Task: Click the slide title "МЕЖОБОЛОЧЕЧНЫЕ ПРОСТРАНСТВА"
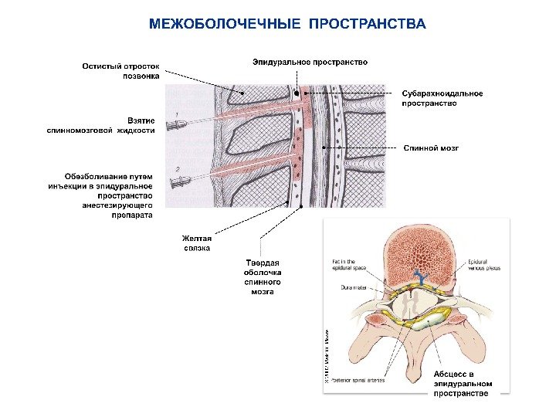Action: pyautogui.click(x=286, y=24)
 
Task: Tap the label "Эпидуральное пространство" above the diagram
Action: pyautogui.click(x=310, y=62)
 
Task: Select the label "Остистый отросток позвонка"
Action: pyautogui.click(x=122, y=71)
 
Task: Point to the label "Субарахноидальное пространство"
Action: pyautogui.click(x=442, y=98)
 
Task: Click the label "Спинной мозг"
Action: pyautogui.click(x=430, y=146)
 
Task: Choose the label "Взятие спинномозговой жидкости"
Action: pyautogui.click(x=100, y=125)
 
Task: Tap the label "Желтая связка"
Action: pyautogui.click(x=196, y=243)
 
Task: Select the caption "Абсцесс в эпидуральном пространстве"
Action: pyautogui.click(x=461, y=383)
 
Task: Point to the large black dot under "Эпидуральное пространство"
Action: pyautogui.click(x=297, y=92)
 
